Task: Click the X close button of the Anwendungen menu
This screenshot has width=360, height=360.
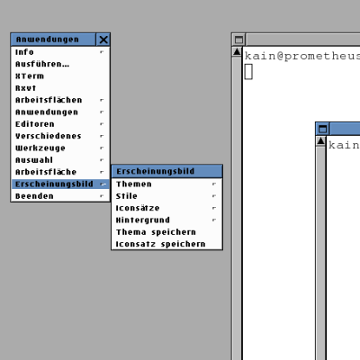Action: coord(103,40)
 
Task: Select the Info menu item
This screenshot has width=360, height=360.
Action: coord(24,52)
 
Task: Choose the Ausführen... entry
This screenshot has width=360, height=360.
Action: coord(42,64)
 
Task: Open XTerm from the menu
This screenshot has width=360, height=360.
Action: coord(30,76)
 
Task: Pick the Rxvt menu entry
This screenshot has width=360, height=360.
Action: coord(26,88)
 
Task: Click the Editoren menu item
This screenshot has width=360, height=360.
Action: coord(35,124)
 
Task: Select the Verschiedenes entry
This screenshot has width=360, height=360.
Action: coord(49,136)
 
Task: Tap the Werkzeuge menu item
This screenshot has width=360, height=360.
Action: coord(40,148)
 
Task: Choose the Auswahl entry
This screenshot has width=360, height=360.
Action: coord(34,160)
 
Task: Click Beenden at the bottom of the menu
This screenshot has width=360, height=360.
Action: coord(34,196)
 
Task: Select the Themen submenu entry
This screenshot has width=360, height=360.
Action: coord(134,184)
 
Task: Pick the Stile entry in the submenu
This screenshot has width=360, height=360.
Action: coord(127,196)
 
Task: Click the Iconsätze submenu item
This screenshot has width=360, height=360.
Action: coord(138,208)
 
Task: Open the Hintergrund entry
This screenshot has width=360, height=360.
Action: coord(143,220)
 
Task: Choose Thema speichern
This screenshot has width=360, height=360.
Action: coord(156,232)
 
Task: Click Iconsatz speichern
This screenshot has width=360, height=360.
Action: coord(161,244)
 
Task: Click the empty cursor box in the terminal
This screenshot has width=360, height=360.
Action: coord(248,72)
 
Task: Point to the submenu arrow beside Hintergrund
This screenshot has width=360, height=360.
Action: coord(214,220)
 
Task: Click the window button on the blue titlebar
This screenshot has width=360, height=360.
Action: coord(322,129)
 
